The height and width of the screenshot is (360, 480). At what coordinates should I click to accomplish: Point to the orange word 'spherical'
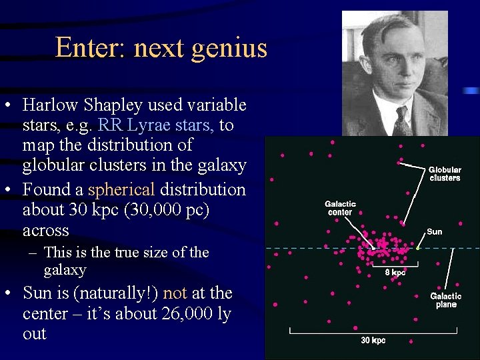(x=121, y=189)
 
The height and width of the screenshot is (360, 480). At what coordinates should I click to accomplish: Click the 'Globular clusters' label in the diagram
(x=444, y=174)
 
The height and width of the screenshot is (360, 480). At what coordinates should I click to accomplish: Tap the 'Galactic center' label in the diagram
(x=340, y=208)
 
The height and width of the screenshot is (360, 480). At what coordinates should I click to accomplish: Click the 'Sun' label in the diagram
(x=434, y=232)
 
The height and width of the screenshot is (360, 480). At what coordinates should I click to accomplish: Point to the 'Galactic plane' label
(x=445, y=300)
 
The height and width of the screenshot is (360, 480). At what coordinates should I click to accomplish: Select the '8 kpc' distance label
(x=395, y=272)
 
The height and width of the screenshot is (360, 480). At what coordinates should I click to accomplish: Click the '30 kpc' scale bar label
(x=373, y=340)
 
